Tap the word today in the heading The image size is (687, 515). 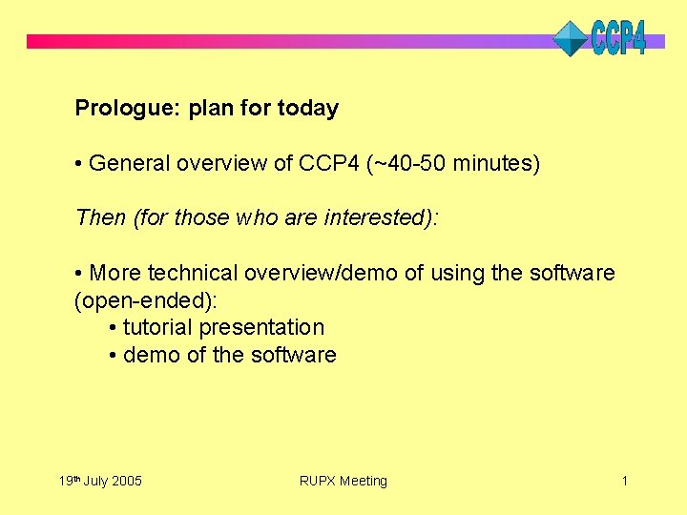tap(307, 109)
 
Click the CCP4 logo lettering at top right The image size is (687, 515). tap(618, 38)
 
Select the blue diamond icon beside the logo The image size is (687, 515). tap(572, 39)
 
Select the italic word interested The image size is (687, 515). tap(379, 218)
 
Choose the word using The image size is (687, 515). tap(457, 274)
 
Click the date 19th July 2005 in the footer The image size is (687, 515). tap(99, 481)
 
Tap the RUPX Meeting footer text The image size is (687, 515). tap(343, 482)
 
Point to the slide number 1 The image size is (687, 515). tap(624, 481)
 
